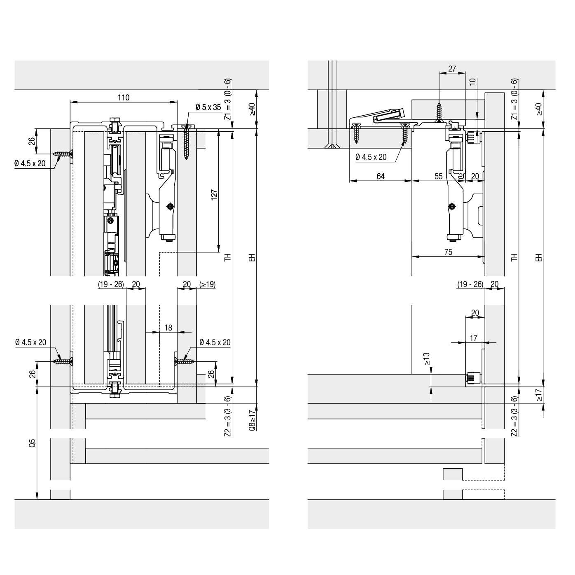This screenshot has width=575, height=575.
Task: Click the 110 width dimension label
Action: tap(123, 98)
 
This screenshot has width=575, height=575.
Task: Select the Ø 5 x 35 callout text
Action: tap(208, 107)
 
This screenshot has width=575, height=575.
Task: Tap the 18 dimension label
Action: tap(168, 328)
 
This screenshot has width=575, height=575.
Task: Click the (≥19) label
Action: tap(207, 284)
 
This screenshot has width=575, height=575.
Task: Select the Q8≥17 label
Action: tap(252, 419)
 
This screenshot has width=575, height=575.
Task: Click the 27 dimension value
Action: tap(452, 69)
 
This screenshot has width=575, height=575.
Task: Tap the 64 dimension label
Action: tap(381, 176)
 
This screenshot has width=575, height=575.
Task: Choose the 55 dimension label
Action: tap(438, 176)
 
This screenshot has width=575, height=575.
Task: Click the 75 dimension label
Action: tap(448, 252)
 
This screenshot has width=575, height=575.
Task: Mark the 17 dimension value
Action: tap(474, 338)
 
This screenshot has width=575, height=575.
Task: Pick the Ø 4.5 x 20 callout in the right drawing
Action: tap(371, 157)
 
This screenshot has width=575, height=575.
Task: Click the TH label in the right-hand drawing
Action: tap(514, 258)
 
